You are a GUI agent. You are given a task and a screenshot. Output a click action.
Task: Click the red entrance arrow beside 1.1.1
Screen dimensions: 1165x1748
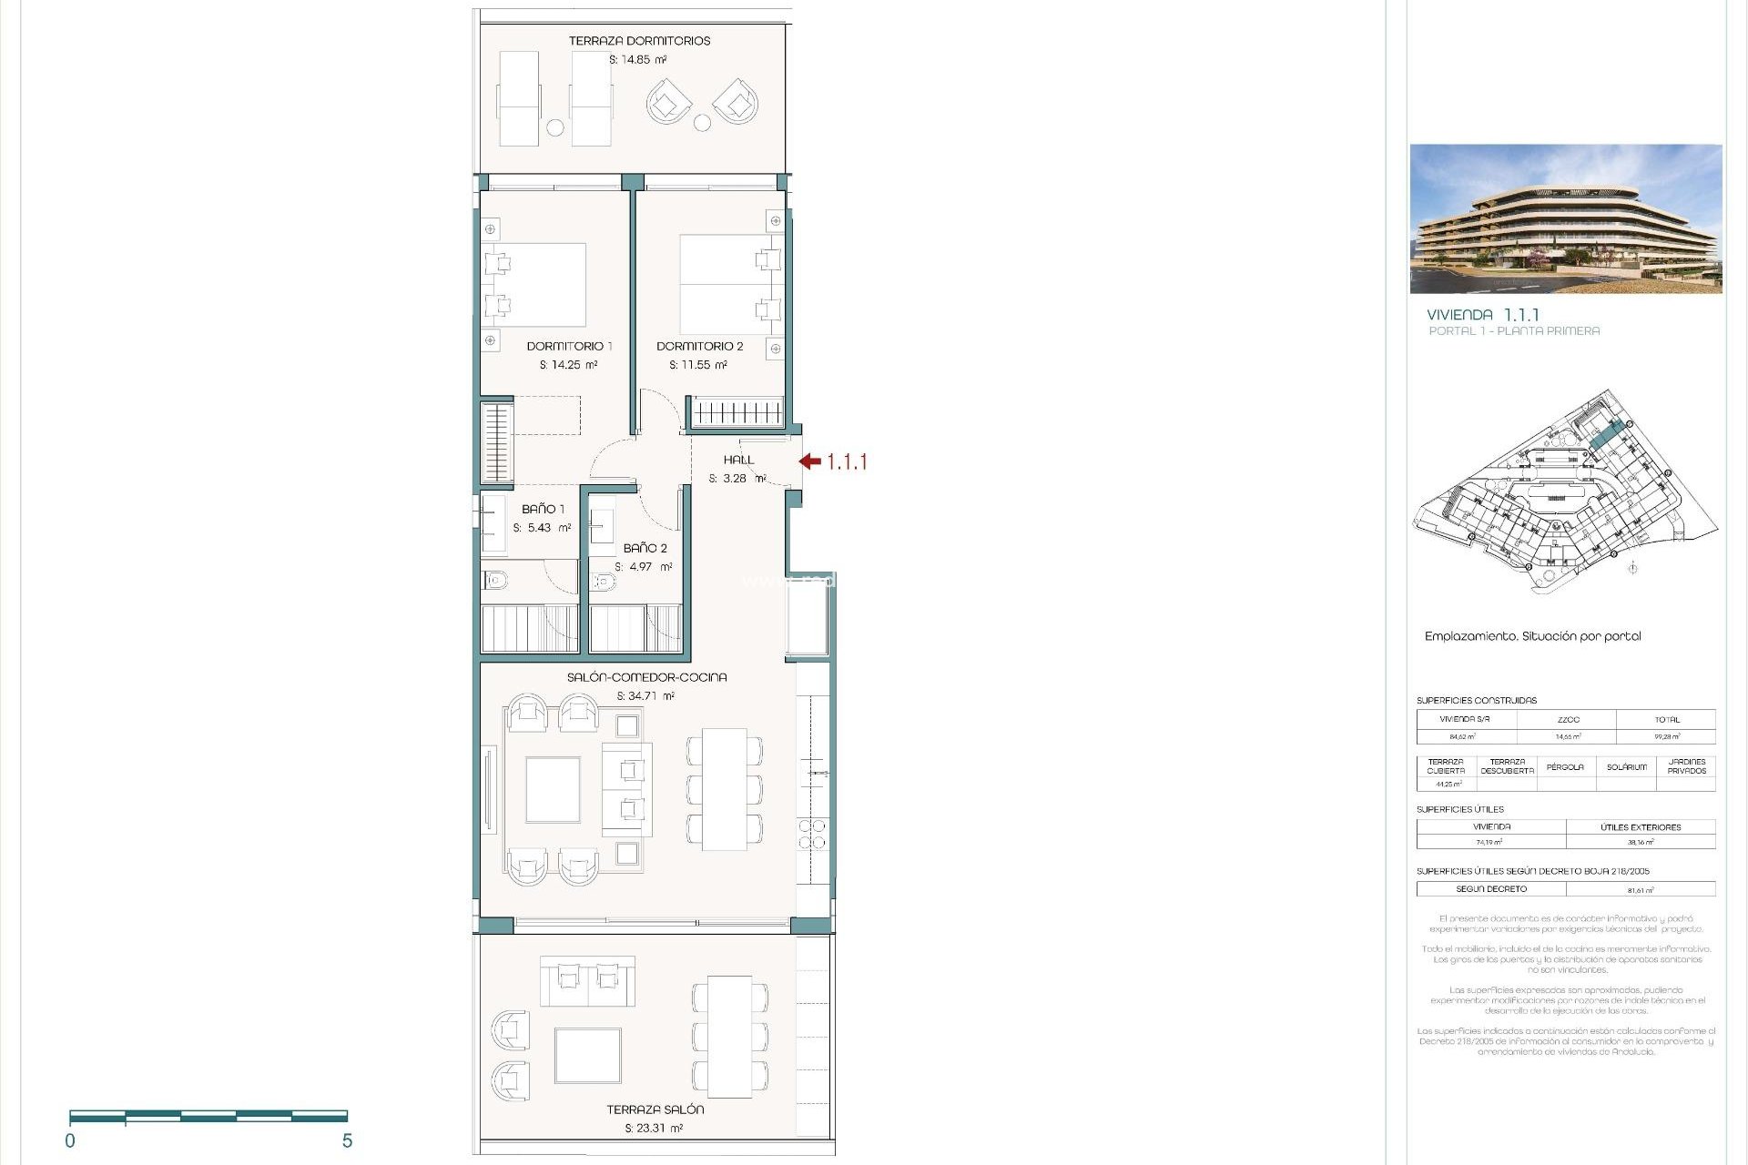810,461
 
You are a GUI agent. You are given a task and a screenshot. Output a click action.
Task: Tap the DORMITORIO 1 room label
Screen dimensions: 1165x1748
569,346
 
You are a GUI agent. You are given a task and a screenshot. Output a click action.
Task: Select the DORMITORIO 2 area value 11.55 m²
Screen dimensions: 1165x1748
698,365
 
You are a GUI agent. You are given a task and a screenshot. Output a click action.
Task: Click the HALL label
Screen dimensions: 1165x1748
738,460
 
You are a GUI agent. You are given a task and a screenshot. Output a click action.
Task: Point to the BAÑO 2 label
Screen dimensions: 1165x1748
645,548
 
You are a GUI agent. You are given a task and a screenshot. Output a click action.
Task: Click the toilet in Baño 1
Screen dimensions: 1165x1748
496,579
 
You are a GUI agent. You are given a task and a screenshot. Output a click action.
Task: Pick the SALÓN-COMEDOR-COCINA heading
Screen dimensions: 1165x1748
646,677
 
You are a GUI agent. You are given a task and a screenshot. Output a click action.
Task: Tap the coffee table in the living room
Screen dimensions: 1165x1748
553,789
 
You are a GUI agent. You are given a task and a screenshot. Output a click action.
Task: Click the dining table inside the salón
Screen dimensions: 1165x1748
724,788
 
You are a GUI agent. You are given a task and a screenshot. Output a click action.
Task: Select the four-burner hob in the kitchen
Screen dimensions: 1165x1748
812,835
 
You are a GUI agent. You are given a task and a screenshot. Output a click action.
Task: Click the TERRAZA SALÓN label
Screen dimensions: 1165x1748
655,1109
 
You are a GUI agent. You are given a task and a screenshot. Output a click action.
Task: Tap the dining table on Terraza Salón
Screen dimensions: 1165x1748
730,1037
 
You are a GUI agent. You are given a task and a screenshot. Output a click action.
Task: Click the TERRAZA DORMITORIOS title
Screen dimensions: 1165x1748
639,41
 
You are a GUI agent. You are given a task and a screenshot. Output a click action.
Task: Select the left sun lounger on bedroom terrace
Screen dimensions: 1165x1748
519,97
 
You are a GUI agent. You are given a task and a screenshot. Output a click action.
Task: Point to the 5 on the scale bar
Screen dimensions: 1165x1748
347,1141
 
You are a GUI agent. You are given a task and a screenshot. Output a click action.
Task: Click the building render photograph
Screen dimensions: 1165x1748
1565,218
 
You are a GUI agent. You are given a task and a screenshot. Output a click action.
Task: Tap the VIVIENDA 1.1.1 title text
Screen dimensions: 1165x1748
1482,315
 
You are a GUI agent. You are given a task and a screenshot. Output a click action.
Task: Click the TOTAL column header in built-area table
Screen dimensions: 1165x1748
1666,719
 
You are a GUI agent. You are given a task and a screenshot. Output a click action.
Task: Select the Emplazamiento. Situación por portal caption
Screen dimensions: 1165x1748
1532,636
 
